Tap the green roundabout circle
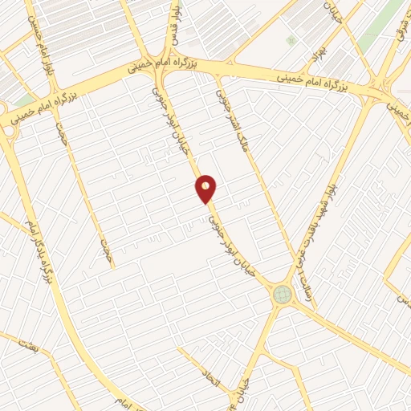tap(283, 295)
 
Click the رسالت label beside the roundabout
tap(304, 281)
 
